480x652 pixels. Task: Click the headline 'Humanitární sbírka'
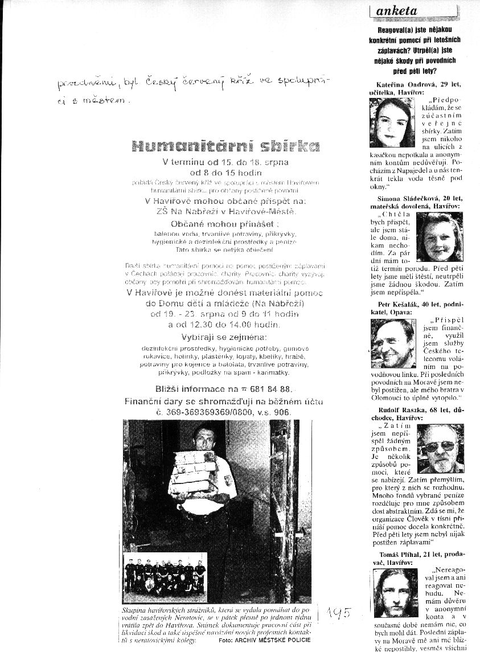(225, 146)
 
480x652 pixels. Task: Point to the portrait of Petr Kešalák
(393, 343)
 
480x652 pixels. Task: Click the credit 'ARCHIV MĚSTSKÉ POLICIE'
(271, 641)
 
